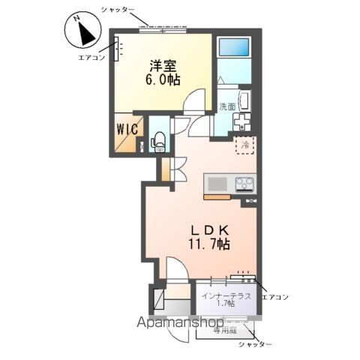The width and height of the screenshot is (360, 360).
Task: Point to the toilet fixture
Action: (x=157, y=141)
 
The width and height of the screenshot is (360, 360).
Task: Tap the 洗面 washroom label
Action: (x=228, y=106)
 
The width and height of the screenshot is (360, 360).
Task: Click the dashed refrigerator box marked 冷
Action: (x=244, y=145)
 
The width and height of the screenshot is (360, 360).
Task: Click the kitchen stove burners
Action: (x=245, y=183)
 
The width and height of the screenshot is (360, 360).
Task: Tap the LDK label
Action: (x=208, y=229)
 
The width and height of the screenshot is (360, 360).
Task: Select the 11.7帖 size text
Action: (x=208, y=244)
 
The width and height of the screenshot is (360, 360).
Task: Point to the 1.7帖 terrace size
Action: (x=224, y=304)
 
